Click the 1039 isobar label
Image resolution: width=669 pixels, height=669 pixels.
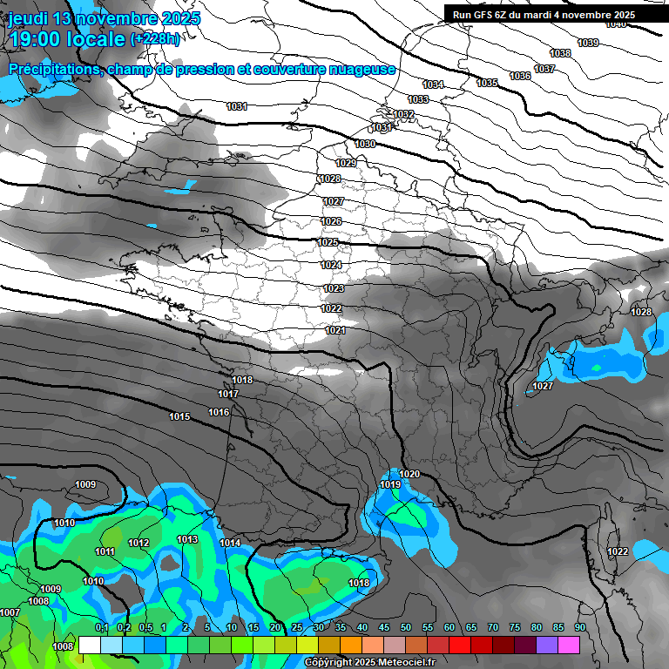coord(588,43)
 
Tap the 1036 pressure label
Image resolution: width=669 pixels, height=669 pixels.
coord(520,76)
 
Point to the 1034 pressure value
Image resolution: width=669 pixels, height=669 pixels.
coord(433,84)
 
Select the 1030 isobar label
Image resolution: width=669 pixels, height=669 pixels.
coord(365,144)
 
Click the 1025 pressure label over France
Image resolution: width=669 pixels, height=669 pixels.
coord(328,242)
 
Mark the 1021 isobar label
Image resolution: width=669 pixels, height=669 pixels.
coord(336,330)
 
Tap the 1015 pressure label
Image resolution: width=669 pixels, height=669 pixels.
coord(179,416)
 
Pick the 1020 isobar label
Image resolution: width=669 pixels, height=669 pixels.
coord(409,474)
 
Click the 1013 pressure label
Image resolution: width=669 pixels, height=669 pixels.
coord(187,539)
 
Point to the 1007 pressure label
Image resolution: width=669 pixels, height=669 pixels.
coord(10,612)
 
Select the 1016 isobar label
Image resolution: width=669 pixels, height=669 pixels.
coord(219,412)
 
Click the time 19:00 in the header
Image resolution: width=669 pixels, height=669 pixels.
coord(36,38)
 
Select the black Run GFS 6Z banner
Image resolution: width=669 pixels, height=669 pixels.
coord(552,14)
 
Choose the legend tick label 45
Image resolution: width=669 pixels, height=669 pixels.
coord(384,628)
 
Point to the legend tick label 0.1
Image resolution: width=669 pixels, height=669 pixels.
coord(101,628)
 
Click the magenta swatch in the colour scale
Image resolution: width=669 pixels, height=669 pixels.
coord(569,645)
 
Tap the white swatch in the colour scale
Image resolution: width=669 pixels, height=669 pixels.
coord(89,645)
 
